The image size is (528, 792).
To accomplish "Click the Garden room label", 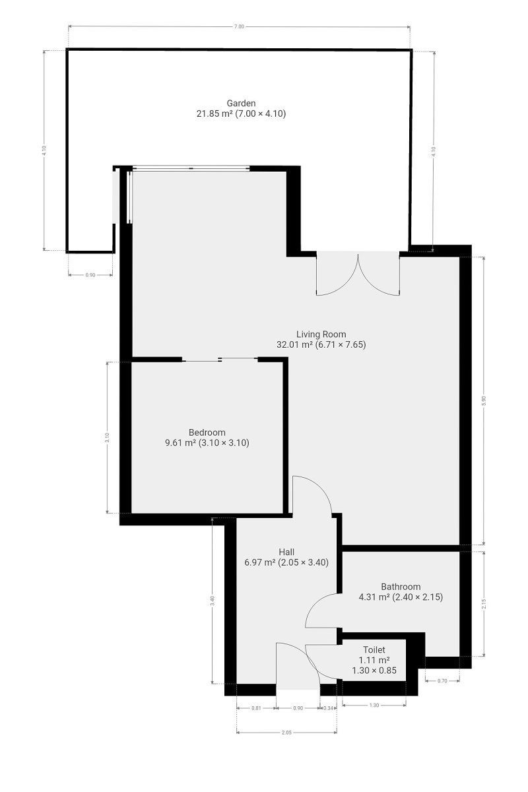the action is [241, 103].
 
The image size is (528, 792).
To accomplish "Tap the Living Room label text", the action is [321, 334].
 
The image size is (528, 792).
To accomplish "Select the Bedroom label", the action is [207, 432].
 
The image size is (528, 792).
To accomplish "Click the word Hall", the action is [286, 552].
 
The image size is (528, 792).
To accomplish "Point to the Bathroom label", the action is [401, 587].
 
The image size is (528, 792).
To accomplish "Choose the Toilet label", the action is [374, 650].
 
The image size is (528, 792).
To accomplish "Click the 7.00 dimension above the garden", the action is [239, 26].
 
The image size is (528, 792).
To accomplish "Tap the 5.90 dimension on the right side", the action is [484, 401].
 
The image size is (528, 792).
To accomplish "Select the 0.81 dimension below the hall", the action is [256, 708].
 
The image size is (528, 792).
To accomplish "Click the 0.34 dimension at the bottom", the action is [328, 708].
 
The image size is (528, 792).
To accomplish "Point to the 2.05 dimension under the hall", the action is [286, 733].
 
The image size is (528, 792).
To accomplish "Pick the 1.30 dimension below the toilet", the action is [374, 705].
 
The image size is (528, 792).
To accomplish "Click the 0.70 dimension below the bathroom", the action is [442, 680].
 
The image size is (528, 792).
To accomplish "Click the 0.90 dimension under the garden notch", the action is [90, 275].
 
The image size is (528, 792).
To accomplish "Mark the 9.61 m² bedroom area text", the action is [180, 443].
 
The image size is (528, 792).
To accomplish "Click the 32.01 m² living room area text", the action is [294, 345].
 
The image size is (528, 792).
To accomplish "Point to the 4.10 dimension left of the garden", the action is [44, 151].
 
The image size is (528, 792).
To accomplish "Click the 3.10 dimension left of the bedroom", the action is [108, 438].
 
